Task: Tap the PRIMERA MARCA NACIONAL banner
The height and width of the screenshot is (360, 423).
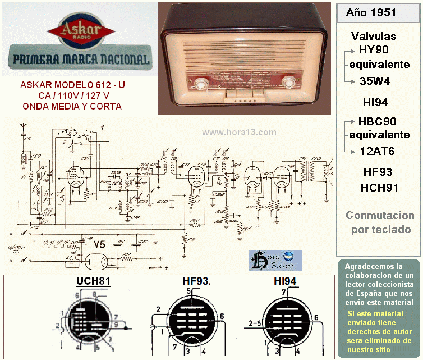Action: tap(81, 59)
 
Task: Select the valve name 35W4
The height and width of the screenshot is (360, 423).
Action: tap(375, 81)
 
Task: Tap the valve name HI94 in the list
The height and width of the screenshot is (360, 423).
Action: tap(375, 102)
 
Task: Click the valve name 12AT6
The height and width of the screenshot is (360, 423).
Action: tap(377, 151)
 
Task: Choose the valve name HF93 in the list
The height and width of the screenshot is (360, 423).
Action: tap(377, 172)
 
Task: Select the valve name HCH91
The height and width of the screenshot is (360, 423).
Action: tap(379, 188)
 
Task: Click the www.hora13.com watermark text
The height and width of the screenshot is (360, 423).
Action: tap(239, 133)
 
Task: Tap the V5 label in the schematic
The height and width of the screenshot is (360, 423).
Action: tap(99, 244)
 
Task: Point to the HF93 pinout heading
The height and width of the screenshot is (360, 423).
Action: tap(195, 281)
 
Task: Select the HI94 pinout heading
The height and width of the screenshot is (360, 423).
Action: tap(285, 281)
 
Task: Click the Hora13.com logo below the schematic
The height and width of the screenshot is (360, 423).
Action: tap(275, 261)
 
